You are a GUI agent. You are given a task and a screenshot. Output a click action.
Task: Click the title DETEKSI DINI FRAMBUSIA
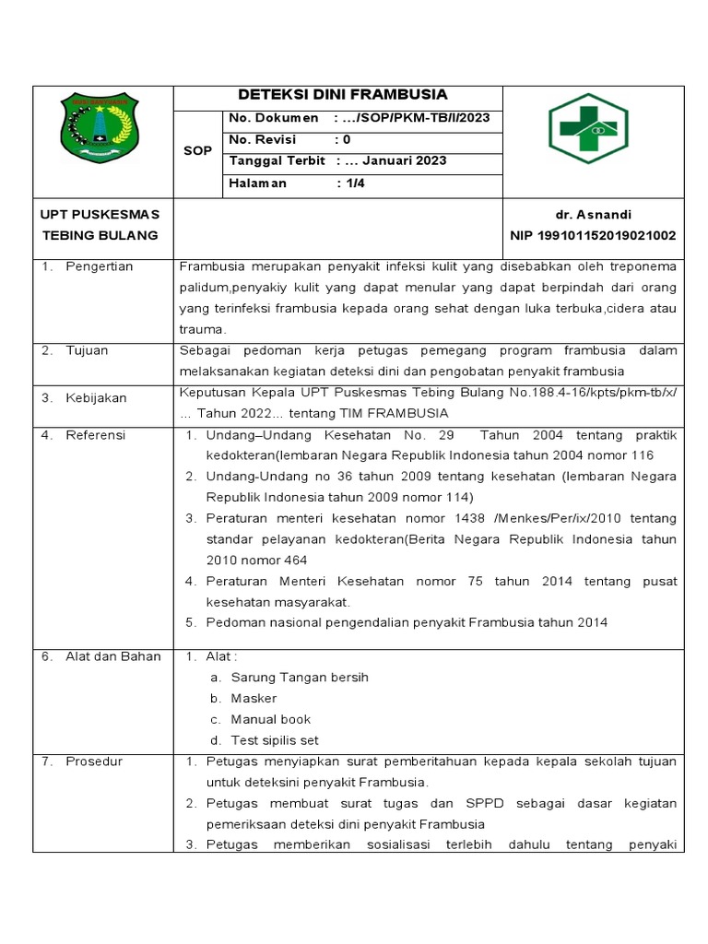(x=343, y=95)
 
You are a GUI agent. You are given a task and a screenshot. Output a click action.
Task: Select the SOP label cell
(x=197, y=150)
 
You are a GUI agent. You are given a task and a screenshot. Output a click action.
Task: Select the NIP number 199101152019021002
(x=593, y=236)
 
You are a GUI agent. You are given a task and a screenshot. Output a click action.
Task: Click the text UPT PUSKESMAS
(x=100, y=214)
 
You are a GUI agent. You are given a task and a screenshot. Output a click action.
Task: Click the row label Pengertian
(x=100, y=266)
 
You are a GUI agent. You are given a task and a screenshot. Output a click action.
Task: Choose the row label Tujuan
(x=88, y=350)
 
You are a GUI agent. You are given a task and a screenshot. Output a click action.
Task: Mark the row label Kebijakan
(x=95, y=398)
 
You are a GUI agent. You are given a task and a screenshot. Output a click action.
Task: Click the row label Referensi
(x=96, y=434)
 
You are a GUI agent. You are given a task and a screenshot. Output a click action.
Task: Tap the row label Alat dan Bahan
(x=112, y=656)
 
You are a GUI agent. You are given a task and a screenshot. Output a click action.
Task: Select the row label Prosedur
(x=94, y=761)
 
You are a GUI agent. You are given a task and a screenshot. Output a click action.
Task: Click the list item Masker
(x=254, y=699)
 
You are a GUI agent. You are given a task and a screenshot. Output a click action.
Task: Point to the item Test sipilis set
(x=275, y=740)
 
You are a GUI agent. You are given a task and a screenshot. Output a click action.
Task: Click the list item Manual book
(x=271, y=719)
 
